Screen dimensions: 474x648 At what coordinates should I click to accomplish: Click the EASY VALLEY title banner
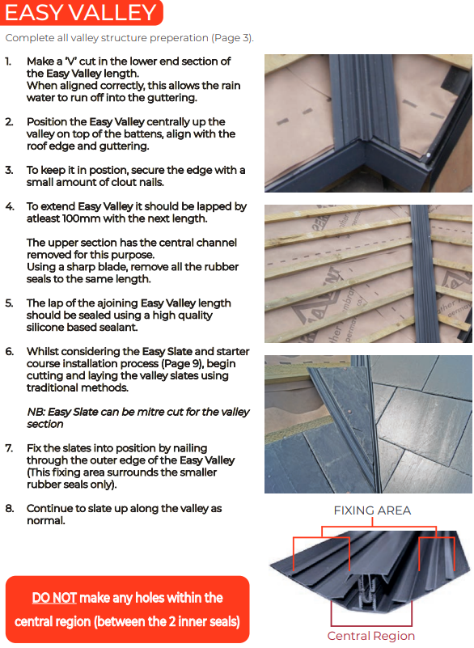click(82, 12)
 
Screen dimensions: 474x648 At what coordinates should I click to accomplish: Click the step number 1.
click(8, 61)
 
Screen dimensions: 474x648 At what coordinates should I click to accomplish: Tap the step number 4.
click(10, 206)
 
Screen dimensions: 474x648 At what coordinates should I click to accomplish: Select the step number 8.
click(10, 508)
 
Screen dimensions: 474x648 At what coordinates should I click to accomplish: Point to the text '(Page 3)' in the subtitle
click(233, 38)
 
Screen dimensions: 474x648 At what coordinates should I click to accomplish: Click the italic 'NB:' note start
click(36, 412)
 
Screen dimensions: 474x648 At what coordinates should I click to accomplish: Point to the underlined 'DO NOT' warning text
click(54, 598)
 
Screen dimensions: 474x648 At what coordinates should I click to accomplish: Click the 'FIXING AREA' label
click(372, 510)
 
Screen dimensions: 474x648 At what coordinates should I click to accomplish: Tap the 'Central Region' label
click(371, 636)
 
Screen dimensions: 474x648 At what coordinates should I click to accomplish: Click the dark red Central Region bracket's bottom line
click(371, 625)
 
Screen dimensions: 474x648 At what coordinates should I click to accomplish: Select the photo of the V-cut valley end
click(368, 123)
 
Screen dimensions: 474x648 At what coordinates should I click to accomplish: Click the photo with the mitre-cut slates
click(368, 424)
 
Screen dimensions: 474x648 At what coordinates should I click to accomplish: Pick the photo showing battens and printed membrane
click(368, 273)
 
